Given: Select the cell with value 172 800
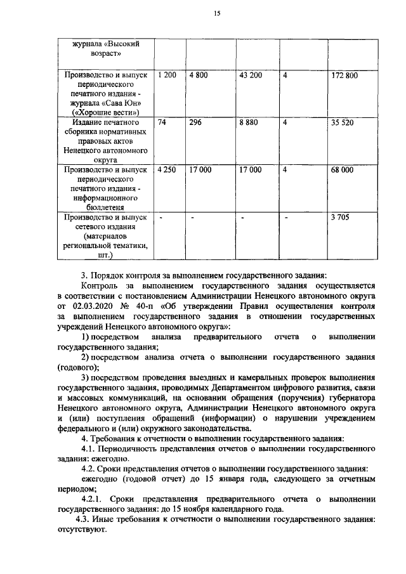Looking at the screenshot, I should click(344, 75).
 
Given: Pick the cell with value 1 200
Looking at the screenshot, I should click(167, 75).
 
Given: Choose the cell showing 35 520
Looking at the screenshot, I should click(343, 124).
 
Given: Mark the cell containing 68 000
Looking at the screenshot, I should click(343, 170).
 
